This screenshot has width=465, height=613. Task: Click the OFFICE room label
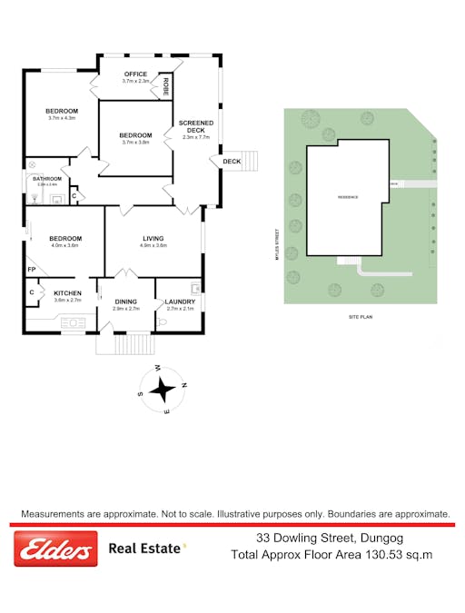tap(135, 74)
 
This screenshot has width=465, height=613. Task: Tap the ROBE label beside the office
tap(166, 87)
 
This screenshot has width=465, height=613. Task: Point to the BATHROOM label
tap(47, 179)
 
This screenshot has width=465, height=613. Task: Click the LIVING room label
tap(153, 238)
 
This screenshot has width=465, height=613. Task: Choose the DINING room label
tap(125, 302)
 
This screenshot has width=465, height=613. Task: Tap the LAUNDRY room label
tap(180, 302)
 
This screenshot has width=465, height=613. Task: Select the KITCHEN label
tap(68, 292)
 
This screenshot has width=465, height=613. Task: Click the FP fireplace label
tap(31, 270)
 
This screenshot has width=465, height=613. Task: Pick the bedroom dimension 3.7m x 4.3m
tap(62, 118)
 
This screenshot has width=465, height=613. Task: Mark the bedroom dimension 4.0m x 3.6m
tap(65, 245)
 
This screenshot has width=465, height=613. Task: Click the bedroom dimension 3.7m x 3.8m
tap(134, 142)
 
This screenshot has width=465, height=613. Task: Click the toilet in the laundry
tap(162, 321)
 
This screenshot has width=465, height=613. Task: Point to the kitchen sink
tap(73, 320)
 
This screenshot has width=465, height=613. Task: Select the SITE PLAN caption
tap(361, 317)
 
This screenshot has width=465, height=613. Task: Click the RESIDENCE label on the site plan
tap(348, 197)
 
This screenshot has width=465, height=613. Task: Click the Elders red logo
tap(55, 549)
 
